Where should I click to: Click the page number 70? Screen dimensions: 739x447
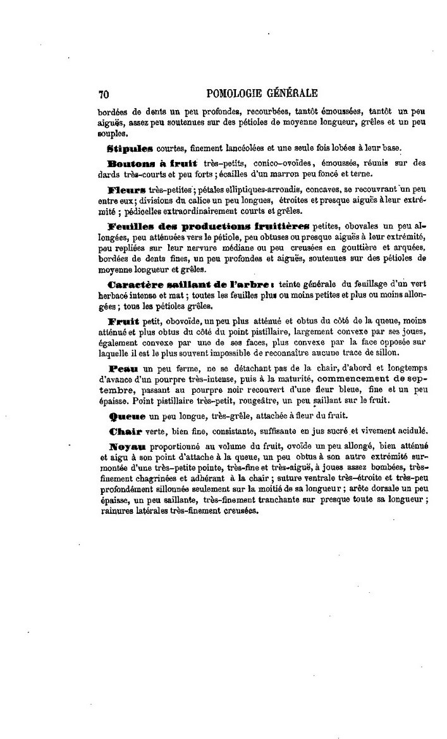pyautogui.click(x=104, y=94)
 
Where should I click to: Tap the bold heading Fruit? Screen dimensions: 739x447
pyautogui.click(x=124, y=320)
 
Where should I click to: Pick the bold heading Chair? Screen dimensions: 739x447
pyautogui.click(x=125, y=431)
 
